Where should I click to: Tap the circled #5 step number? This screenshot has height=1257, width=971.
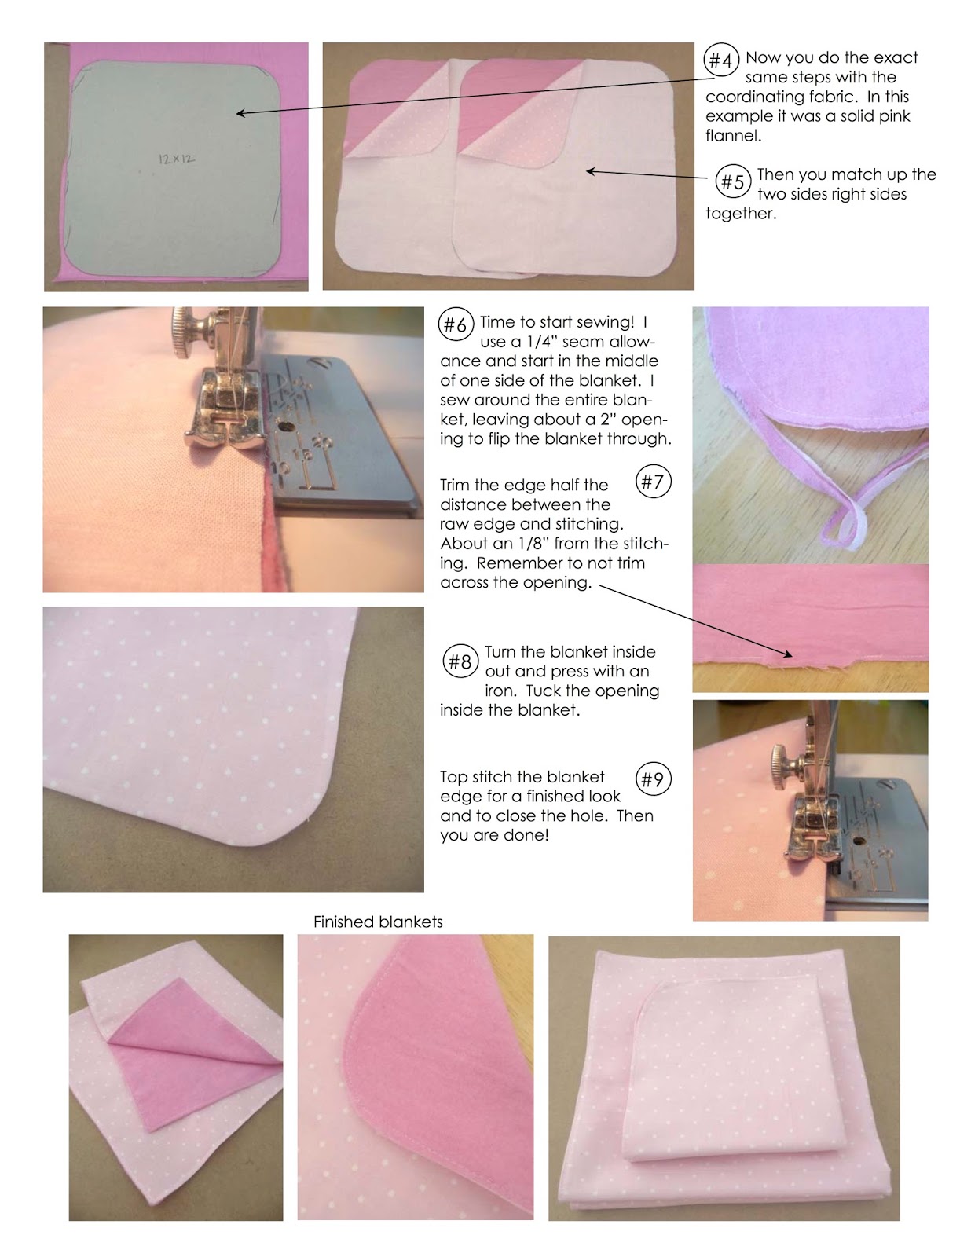click(732, 182)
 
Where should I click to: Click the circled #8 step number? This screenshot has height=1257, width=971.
click(460, 661)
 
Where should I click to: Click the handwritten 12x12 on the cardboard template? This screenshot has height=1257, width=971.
click(174, 158)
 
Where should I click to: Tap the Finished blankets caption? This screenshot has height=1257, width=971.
click(378, 922)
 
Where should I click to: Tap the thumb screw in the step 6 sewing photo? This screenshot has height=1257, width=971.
click(194, 324)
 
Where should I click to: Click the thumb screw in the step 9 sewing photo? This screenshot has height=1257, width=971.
click(786, 761)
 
